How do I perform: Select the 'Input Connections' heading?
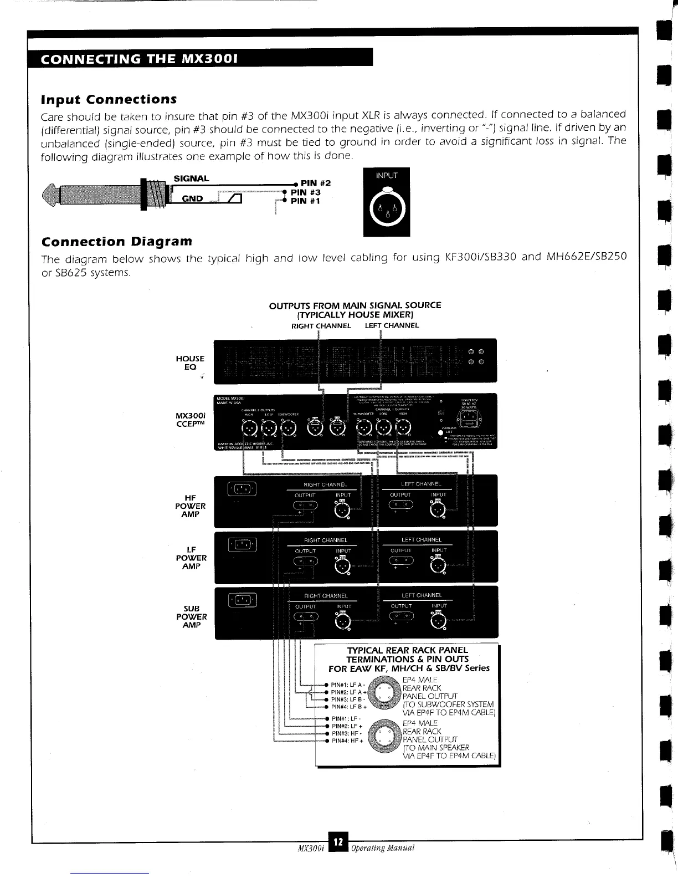point(109,99)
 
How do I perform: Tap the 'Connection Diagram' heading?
point(117,242)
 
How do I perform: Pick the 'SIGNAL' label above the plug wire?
point(191,178)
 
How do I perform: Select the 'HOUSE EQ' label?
point(190,363)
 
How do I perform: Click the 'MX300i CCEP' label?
point(190,420)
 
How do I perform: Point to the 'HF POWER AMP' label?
point(190,506)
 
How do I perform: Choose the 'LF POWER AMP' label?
point(190,558)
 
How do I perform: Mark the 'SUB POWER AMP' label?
point(191,616)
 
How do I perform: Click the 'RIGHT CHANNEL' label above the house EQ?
point(321,325)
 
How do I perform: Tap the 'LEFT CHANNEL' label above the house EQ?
point(392,325)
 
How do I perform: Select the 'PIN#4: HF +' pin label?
point(347,741)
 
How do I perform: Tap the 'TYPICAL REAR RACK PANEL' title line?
point(407,650)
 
